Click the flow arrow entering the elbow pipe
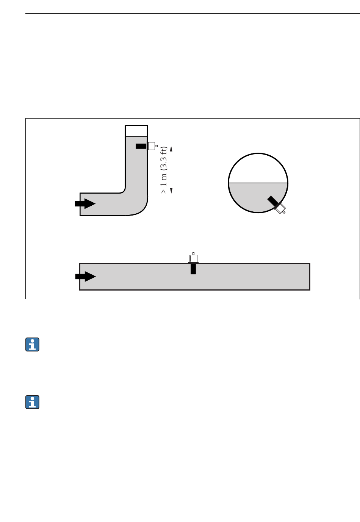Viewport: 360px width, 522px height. coord(85,204)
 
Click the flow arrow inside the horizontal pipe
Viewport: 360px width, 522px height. coord(85,277)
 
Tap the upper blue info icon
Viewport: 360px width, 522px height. coord(33,344)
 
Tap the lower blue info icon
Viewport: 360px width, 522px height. coord(33,402)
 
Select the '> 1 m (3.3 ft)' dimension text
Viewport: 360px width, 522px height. coord(164,170)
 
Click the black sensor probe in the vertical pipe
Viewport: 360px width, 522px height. coord(141,146)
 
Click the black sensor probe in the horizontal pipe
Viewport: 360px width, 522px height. coord(193,269)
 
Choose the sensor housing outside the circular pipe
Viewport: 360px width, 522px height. coord(280,208)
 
